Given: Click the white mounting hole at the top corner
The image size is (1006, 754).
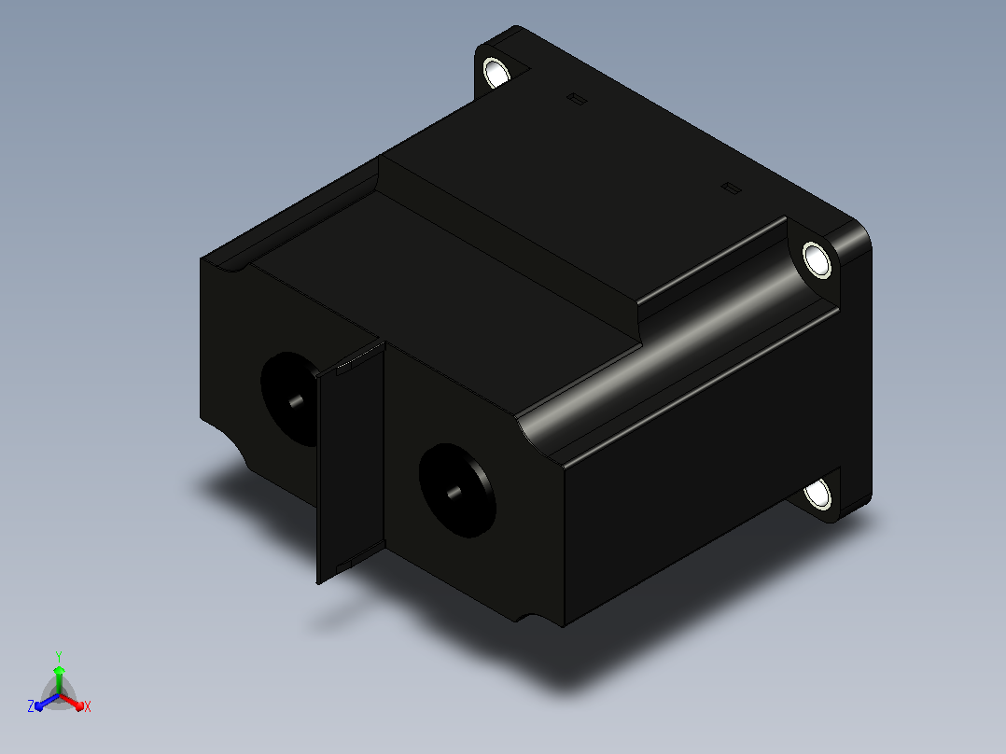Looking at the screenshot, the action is pos(496,72).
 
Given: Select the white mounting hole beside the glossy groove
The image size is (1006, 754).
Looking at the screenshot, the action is pos(817,260).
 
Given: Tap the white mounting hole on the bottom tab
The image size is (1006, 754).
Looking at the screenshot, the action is pos(818,494).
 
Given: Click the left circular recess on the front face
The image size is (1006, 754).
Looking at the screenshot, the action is pos(289,398).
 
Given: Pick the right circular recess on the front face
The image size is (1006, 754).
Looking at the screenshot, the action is pos(457,490).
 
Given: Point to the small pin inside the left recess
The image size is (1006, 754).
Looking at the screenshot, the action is pos(297,401).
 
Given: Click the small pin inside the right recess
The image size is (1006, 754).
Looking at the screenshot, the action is pos(454,493).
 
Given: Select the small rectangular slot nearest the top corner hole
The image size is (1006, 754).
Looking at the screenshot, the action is pos(577,99).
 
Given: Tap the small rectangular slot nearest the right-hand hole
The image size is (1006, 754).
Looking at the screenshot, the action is pos(732,188).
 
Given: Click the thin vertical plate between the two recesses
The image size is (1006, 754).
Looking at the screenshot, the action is pos(350,462).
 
